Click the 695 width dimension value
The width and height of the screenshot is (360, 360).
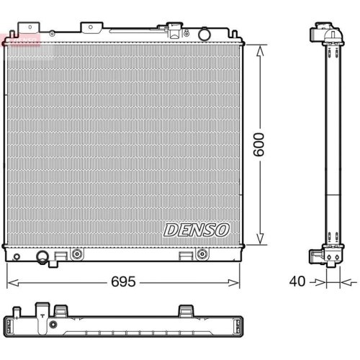[123, 282]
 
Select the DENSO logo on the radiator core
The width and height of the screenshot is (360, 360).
[196, 230]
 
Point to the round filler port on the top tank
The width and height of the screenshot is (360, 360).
[204, 34]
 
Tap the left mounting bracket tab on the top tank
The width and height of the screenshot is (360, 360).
[89, 29]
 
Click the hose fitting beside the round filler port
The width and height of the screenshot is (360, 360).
[174, 32]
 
